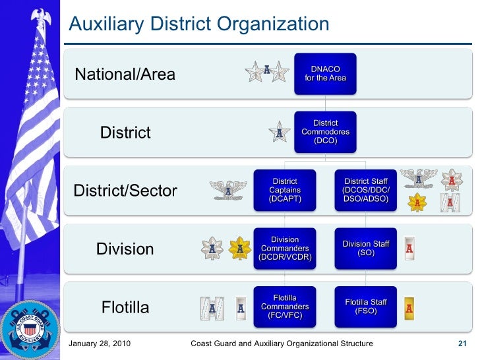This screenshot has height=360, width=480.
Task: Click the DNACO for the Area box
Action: click(x=325, y=73)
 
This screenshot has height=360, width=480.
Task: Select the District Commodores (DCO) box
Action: click(x=325, y=132)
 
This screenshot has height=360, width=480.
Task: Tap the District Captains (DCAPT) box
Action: click(x=285, y=191)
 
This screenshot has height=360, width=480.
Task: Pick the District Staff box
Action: click(x=366, y=191)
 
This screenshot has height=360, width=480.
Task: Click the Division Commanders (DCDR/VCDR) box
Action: click(x=285, y=249)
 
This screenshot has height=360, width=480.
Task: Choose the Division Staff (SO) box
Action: click(x=366, y=249)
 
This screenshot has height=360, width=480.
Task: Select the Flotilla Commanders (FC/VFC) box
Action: click(x=285, y=307)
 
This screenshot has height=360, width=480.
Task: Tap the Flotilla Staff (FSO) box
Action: click(x=366, y=307)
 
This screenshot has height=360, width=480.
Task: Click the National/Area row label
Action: click(x=125, y=74)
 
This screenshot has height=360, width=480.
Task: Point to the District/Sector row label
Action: click(x=125, y=191)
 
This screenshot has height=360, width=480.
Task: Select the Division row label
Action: click(x=125, y=249)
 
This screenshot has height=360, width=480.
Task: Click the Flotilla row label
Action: click(x=125, y=307)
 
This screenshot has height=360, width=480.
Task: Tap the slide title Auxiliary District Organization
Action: click(x=199, y=24)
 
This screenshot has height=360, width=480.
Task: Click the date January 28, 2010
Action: click(x=100, y=344)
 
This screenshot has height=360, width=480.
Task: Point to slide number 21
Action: click(x=462, y=344)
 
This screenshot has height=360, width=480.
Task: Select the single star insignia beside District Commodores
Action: click(x=280, y=133)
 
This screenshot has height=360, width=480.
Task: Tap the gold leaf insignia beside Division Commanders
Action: click(x=239, y=249)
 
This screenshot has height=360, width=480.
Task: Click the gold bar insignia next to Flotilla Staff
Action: click(x=409, y=307)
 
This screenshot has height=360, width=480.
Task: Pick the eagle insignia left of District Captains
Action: click(x=229, y=191)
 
